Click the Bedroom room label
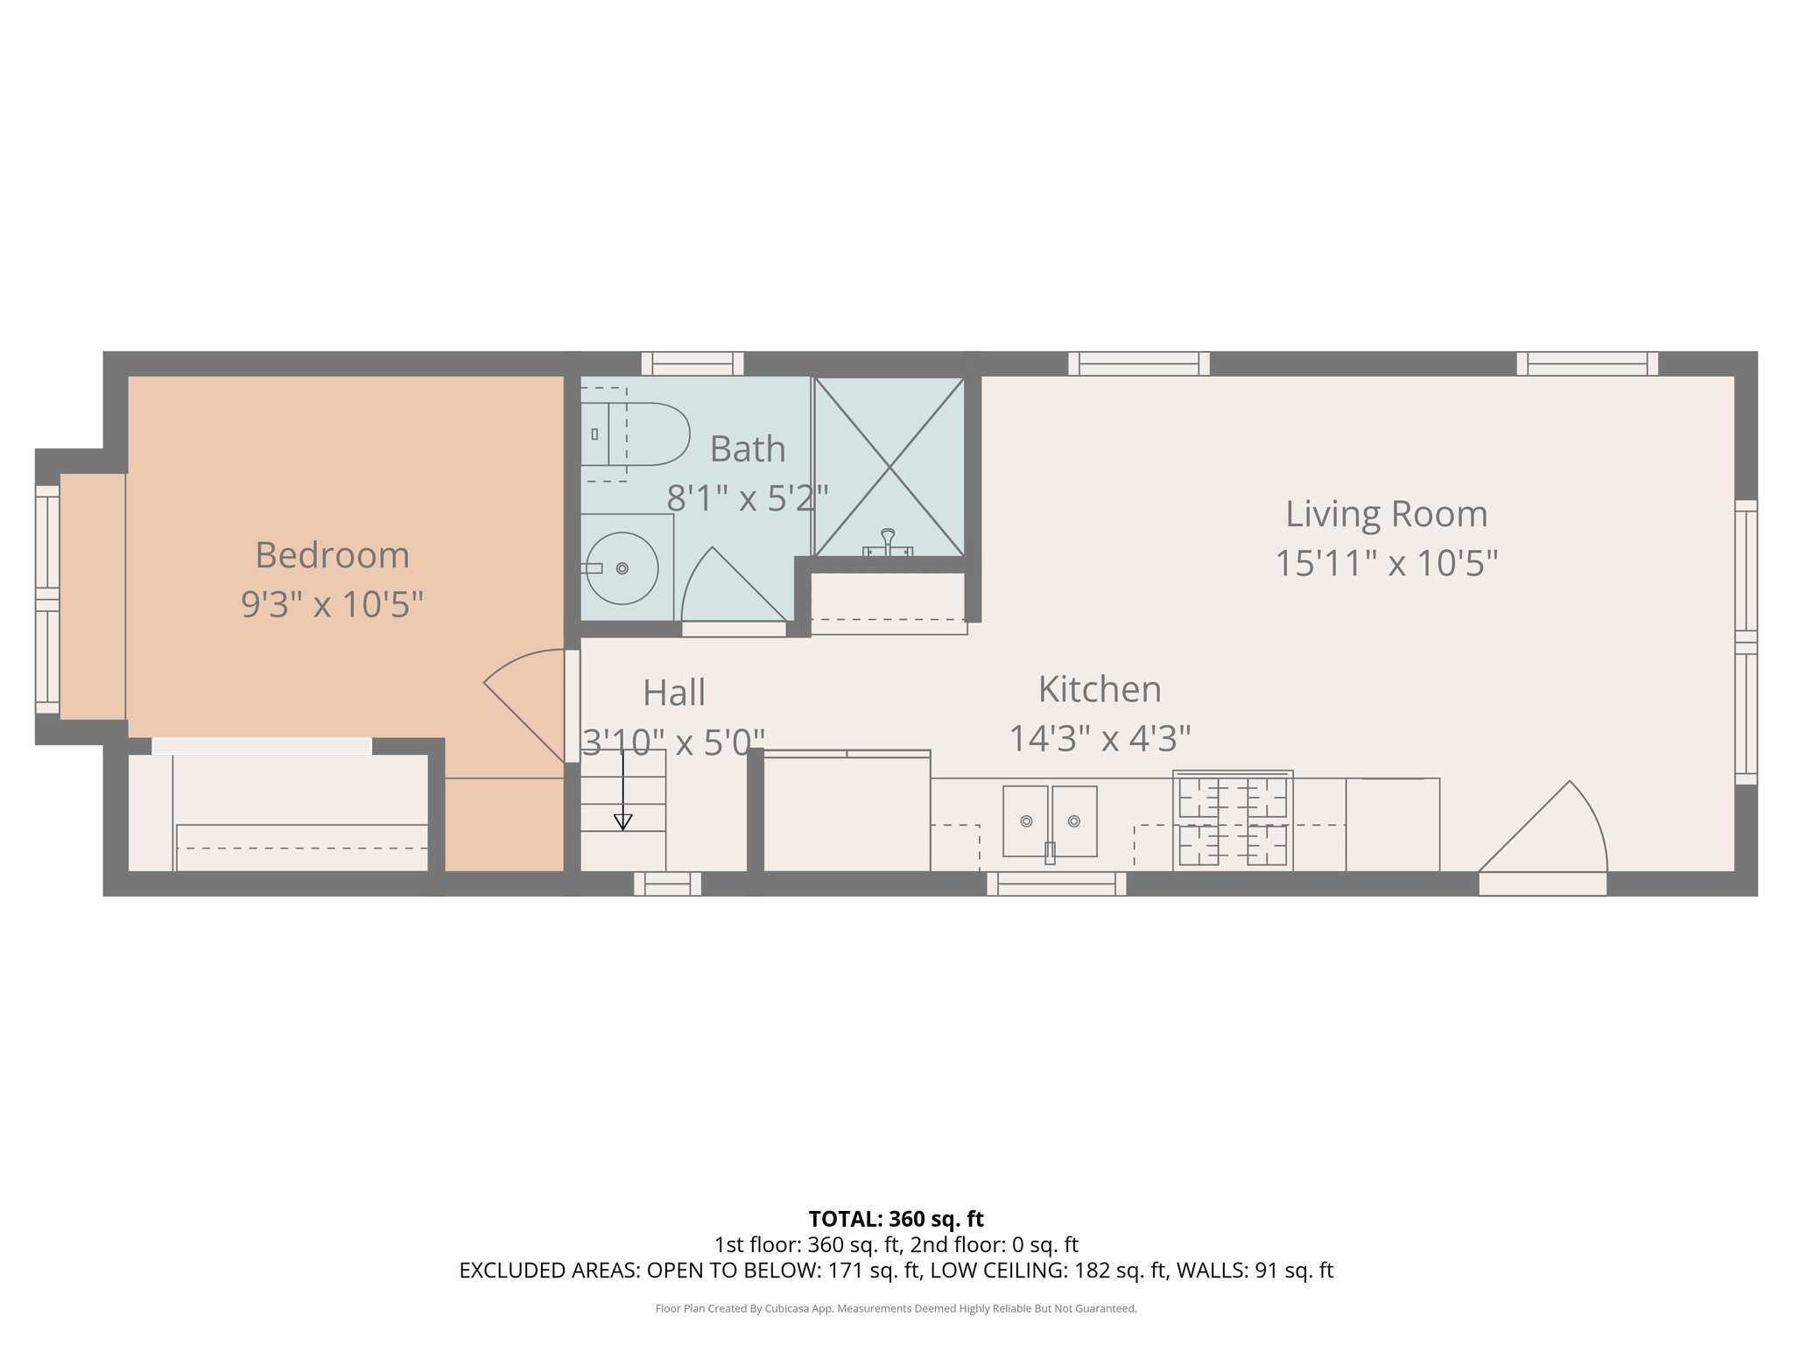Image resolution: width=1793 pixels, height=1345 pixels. [332, 555]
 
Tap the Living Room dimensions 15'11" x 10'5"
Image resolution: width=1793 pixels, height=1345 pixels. [1386, 562]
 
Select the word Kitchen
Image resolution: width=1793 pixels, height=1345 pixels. [1100, 689]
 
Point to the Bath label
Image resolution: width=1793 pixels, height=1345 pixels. [747, 449]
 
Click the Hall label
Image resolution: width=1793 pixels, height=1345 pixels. [673, 693]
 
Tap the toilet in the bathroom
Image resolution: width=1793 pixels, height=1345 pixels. [639, 434]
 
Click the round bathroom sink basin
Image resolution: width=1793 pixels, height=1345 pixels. [622, 568]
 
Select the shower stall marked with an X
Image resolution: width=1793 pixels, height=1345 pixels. [889, 467]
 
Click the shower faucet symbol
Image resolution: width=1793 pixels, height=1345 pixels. [888, 543]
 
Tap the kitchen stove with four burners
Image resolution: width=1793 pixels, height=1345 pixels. [1233, 821]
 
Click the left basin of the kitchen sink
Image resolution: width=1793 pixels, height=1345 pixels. [1025, 820]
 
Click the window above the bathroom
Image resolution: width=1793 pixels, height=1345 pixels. [692, 363]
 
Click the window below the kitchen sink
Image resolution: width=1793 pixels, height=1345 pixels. [1056, 884]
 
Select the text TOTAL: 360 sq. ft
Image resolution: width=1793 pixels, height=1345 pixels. [896, 1219]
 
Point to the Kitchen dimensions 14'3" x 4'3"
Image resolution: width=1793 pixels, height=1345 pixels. [1100, 738]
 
